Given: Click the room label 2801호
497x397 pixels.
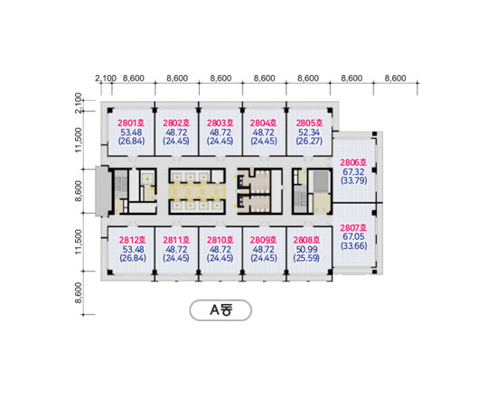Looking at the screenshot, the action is point(131,123).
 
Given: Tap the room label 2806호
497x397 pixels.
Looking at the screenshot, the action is point(353,162).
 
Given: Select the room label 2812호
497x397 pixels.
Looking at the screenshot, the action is point(133,240).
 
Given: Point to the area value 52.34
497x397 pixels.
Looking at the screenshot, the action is point(309,132).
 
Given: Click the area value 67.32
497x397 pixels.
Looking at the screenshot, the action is point(353,171).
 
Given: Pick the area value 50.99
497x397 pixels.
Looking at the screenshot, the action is point(307,249).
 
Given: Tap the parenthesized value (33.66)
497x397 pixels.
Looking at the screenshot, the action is point(353,245).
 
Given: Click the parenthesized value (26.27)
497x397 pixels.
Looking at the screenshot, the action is point(309,141).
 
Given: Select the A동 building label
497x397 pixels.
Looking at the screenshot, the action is point(220,310).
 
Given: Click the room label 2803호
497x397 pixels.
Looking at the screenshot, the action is point(220,123).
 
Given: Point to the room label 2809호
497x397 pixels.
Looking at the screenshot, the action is point(263,240).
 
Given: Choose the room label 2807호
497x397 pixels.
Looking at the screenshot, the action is point(353,227).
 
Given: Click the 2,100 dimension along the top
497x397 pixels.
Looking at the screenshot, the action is point(106,78).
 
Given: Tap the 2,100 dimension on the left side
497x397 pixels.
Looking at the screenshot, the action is point(79,103).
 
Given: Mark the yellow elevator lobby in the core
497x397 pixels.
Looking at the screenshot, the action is point(197,191).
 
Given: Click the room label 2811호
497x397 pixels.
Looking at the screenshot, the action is point(176,240).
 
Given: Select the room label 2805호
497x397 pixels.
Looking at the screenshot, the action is point(309,123).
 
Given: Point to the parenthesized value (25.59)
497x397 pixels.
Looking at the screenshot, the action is point(306,258).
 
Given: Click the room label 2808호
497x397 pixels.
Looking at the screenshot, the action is point(306,240).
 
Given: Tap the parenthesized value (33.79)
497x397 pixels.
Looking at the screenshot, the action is point(353,180).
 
